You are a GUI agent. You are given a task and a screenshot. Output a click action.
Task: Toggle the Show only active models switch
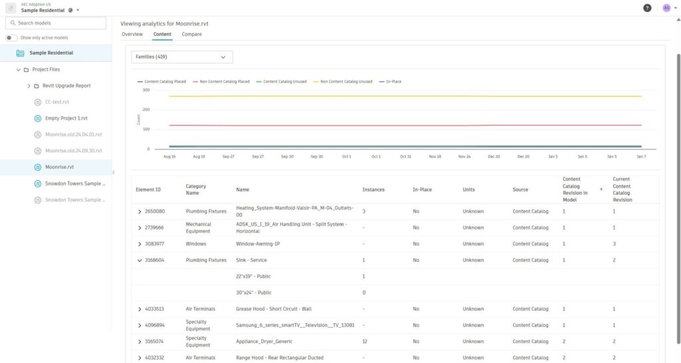click(x=12, y=38)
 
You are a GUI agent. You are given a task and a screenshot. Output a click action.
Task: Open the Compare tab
click(x=192, y=34)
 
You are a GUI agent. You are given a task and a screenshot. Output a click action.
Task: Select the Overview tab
click(x=132, y=34)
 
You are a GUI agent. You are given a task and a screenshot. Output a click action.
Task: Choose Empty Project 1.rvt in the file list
click(x=66, y=118)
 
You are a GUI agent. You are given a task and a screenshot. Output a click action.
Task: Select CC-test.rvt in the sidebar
click(x=57, y=102)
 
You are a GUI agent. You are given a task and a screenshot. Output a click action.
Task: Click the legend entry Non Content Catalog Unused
click(x=346, y=82)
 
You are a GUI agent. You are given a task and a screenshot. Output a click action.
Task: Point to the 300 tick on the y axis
click(x=146, y=90)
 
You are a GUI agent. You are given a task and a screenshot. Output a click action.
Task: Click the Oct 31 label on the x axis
click(x=405, y=157)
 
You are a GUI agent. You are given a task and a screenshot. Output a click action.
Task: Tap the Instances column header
click(x=374, y=189)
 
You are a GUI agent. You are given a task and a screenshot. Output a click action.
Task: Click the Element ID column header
click(x=148, y=189)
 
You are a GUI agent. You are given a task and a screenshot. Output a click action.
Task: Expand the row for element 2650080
click(x=140, y=211)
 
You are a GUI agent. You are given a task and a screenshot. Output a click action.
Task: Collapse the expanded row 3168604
click(x=140, y=261)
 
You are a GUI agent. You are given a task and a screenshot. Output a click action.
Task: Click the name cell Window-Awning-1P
click(x=258, y=244)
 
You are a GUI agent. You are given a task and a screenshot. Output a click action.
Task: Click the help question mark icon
click(x=647, y=8)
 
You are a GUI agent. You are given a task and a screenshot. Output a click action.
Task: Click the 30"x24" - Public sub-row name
click(x=254, y=293)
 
